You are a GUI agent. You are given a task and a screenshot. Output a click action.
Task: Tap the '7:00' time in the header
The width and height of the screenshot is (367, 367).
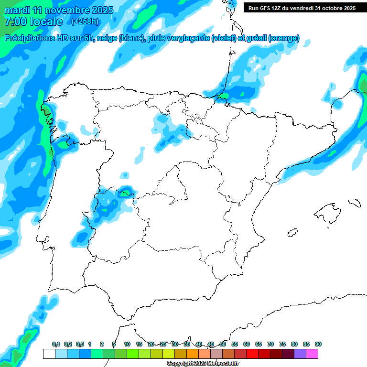[16, 22]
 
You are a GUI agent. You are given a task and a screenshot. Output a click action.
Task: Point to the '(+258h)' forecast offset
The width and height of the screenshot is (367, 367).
[85, 22]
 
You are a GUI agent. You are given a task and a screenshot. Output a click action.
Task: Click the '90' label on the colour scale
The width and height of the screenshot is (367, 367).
[318, 344]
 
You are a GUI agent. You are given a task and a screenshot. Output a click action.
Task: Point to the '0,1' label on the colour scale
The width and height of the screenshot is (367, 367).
[56, 344]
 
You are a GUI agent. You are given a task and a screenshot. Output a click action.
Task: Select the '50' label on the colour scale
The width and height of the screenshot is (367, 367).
[223, 344]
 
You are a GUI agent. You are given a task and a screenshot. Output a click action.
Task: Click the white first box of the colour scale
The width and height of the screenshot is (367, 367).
[49, 354]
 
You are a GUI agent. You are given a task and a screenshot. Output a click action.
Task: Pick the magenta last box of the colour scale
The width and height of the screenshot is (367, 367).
[312, 354]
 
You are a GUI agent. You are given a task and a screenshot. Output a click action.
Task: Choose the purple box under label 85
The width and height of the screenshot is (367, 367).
[300, 354]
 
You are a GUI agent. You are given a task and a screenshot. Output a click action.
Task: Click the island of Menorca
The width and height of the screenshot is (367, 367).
[354, 203]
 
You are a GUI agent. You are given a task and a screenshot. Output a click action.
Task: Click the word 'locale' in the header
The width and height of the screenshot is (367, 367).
[45, 22]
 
